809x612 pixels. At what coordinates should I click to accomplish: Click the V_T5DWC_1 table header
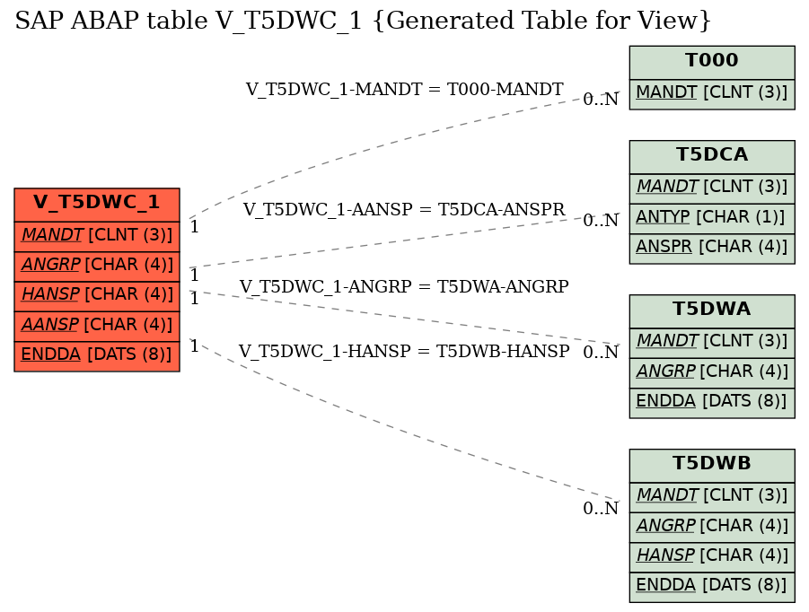coord(97,203)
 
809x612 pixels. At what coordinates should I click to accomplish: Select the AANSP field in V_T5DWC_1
coord(97,324)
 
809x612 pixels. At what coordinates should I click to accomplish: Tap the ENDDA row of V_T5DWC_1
coord(97,354)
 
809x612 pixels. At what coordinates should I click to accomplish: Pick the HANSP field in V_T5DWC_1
coord(97,294)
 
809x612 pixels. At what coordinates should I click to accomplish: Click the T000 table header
coord(711,62)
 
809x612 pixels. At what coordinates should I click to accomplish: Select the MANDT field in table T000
coord(711,92)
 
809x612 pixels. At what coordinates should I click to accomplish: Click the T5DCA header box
coord(711,155)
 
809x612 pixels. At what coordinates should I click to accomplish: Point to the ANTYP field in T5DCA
coord(711,217)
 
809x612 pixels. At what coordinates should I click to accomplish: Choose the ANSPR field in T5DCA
coord(711,248)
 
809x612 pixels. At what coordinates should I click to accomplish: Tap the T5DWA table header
coord(711,310)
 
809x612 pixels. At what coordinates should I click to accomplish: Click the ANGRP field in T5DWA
coord(711,372)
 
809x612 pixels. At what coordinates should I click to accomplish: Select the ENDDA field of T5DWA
coord(711,402)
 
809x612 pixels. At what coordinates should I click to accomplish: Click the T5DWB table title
coord(711,464)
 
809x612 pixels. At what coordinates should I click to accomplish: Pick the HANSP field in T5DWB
coord(711,555)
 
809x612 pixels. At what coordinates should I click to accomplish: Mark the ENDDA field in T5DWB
coord(711,586)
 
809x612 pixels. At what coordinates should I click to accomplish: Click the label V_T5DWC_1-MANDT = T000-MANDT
coord(404,90)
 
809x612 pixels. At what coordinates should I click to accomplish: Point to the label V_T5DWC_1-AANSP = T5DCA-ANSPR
coord(403,210)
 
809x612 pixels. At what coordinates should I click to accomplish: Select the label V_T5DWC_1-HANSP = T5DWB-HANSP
coord(403,352)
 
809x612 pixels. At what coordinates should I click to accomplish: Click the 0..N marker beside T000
coord(601,100)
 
